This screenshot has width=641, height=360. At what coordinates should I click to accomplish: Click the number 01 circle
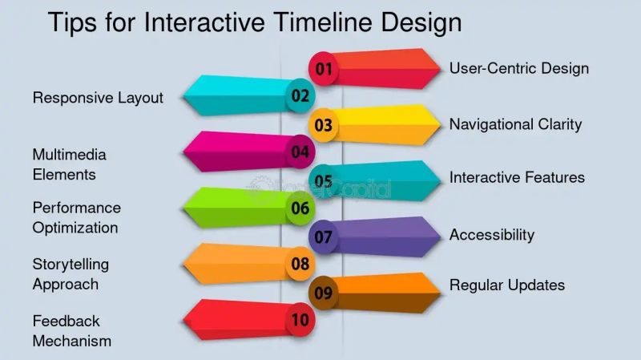click(324, 69)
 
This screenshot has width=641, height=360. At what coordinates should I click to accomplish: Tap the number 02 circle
click(300, 96)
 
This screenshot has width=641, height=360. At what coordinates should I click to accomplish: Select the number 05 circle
click(324, 181)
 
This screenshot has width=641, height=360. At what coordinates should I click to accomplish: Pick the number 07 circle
click(324, 237)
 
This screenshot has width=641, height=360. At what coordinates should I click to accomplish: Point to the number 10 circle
click(300, 321)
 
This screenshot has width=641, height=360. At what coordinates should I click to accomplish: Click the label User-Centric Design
click(518, 68)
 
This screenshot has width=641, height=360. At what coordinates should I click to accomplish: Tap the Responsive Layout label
click(98, 98)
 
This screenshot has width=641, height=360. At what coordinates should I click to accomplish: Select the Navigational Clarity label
click(515, 124)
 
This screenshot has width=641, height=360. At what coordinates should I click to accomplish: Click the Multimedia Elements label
click(69, 164)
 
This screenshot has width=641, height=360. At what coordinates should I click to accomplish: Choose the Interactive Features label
click(517, 177)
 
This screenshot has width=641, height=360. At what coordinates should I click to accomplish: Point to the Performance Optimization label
click(76, 217)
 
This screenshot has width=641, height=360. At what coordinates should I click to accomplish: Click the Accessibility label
click(491, 235)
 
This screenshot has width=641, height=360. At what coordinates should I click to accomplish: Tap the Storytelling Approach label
click(71, 273)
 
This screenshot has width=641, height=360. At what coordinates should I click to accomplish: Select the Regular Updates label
click(506, 285)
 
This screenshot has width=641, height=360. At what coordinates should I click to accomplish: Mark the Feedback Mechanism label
click(71, 330)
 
